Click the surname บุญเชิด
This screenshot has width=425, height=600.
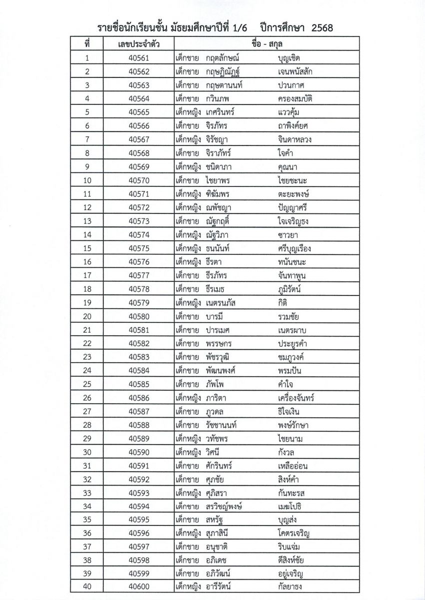292,58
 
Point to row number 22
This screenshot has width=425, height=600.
87,343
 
